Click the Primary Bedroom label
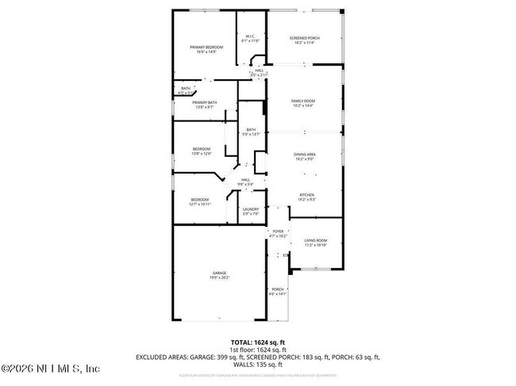pyautogui.click(x=206, y=48)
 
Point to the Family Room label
pyautogui.click(x=302, y=101)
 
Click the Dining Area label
pyautogui.click(x=305, y=155)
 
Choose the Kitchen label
pyautogui.click(x=306, y=194)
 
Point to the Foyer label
pyautogui.click(x=277, y=231)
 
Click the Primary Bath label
pyautogui.click(x=204, y=102)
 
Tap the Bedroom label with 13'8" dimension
pyautogui.click(x=202, y=149)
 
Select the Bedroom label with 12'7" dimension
pyautogui.click(x=199, y=199)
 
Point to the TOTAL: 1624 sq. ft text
pyautogui.click(x=258, y=341)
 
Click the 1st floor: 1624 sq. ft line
pyautogui.click(x=258, y=350)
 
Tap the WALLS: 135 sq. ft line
pyautogui.click(x=258, y=365)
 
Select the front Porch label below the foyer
pyautogui.click(x=277, y=289)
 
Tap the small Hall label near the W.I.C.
pyautogui.click(x=259, y=71)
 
